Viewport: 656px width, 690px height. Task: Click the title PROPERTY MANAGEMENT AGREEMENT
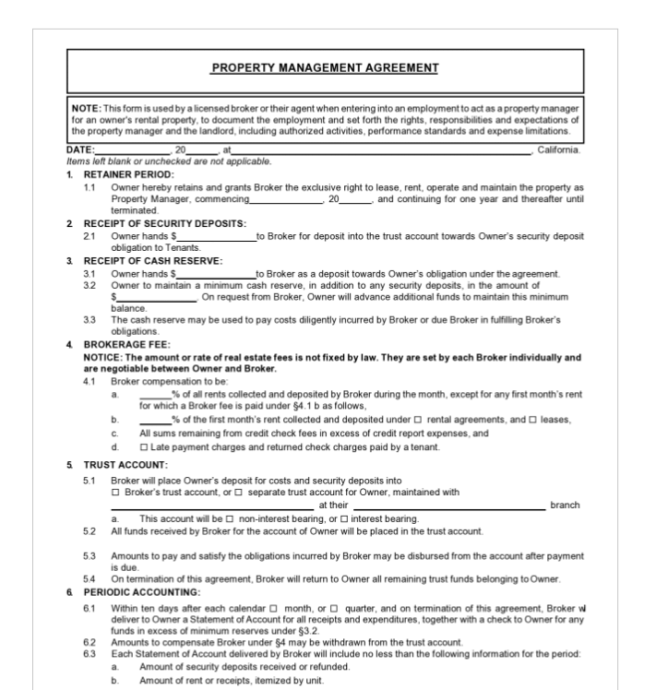click(325, 67)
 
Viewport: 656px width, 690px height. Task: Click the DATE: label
click(80, 149)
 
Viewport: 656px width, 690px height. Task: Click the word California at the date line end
click(559, 149)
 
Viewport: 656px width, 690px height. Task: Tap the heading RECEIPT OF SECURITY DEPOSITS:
click(164, 223)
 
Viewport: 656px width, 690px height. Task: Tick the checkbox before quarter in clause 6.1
click(333, 609)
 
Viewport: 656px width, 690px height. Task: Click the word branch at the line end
click(565, 505)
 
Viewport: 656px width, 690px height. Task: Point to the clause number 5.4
click(89, 578)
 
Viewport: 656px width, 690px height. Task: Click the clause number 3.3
click(89, 319)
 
